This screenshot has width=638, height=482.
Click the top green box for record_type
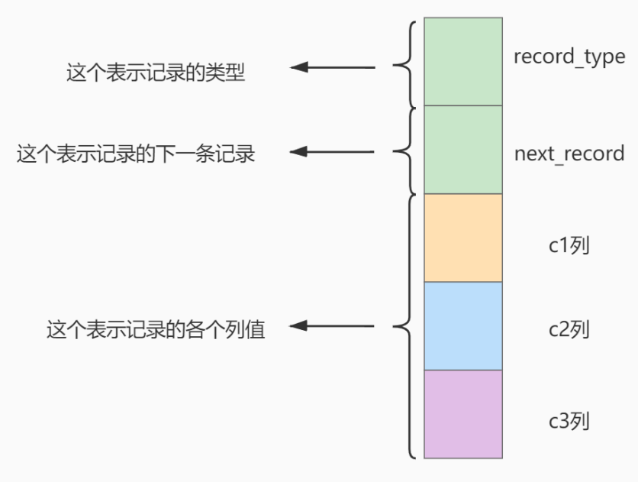462,61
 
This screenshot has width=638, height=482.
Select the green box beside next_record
462,150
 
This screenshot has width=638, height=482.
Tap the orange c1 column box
462,238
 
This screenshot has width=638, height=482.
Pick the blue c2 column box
462,325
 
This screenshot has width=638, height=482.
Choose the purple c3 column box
462,413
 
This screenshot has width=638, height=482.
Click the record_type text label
569,57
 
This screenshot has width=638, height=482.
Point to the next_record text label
569,154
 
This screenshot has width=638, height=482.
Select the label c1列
569,246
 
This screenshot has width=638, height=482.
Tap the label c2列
569,331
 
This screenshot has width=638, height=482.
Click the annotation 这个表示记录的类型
156,74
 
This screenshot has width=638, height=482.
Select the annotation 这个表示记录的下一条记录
136,154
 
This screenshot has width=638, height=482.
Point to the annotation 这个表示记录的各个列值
156,330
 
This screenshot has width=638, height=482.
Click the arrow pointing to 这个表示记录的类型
333,67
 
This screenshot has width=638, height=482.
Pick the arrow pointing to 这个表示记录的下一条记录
333,152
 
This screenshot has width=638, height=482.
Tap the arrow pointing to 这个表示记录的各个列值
333,327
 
